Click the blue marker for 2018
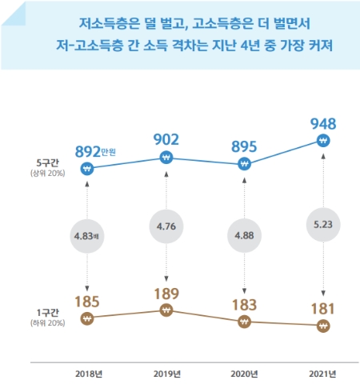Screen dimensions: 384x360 pos(88,169)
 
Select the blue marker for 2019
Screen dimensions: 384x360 pos(166,158)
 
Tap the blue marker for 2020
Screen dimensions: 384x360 pos(243,165)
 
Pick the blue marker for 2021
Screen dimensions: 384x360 pos(322,141)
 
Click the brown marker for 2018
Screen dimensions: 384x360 pos(88,318)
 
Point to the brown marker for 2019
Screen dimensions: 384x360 pos(166,310)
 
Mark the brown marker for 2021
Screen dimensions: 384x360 pos(322,326)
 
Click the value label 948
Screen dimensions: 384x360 pos(322,123)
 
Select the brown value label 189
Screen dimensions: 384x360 pos(166,291)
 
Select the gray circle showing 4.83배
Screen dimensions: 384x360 pos(88,236)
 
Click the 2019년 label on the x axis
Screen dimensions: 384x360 pos(166,373)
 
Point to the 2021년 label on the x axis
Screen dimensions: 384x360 pos(322,373)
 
